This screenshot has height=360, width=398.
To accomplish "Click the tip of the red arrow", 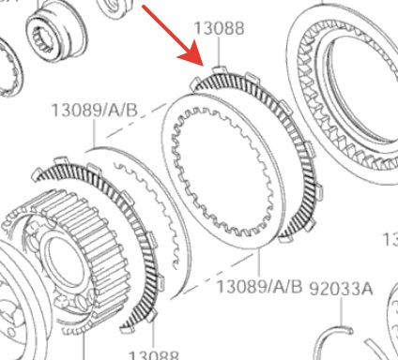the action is [204, 66].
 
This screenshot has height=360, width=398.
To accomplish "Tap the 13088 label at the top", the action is [219, 28].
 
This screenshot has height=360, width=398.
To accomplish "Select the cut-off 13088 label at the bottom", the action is [154, 355].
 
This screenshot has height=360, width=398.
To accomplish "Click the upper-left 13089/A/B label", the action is [94, 111].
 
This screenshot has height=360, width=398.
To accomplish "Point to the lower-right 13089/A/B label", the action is [259, 286].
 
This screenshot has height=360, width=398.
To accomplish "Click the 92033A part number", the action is [341, 289].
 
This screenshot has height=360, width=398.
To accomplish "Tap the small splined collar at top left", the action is [55, 30].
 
